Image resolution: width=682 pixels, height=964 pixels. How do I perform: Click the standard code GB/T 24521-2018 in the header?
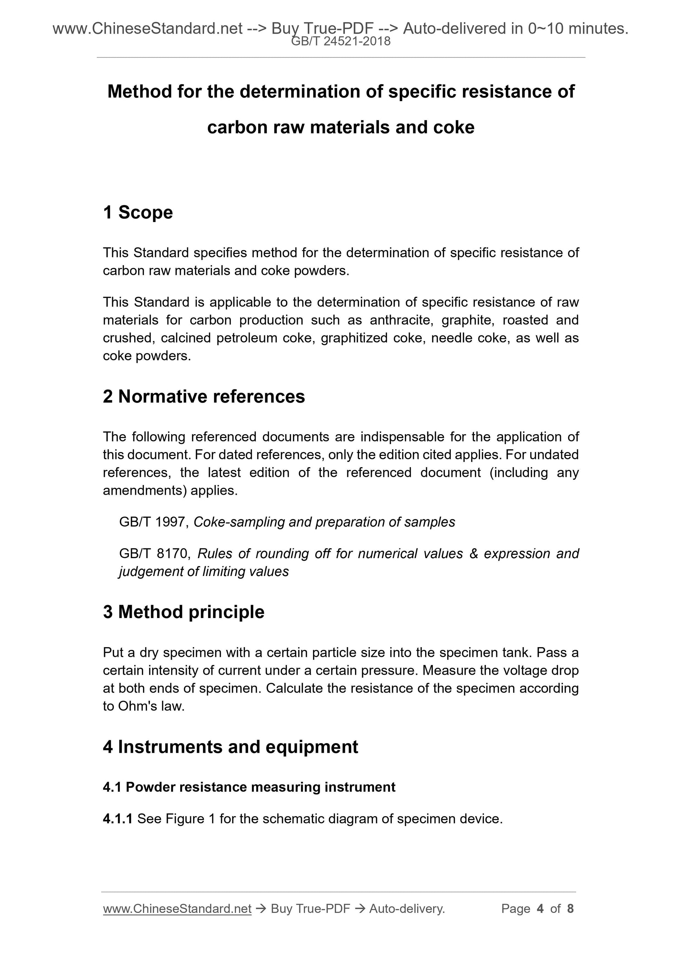341,41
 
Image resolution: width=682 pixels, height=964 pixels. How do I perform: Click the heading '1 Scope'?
138,213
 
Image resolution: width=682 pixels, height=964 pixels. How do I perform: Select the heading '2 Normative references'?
204,396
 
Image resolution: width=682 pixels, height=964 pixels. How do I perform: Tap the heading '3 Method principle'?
184,612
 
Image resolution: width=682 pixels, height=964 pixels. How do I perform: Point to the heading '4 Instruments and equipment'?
230,747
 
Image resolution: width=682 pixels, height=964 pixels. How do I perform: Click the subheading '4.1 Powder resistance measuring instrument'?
249,787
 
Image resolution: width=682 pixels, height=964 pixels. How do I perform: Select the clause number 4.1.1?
118,819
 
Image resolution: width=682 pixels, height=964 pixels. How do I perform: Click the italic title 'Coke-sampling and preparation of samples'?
324,522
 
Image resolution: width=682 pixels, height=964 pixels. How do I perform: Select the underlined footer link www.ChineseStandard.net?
177,909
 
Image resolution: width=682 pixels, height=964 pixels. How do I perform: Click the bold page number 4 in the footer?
540,909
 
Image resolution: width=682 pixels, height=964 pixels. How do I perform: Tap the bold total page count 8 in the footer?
570,909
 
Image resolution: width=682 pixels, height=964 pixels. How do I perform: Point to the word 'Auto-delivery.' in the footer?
407,909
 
